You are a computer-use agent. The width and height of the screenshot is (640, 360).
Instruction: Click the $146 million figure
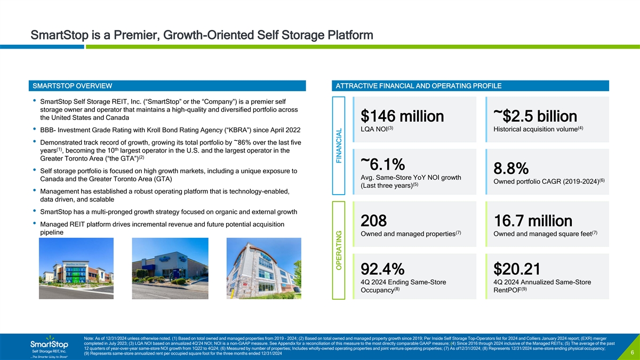(x=402, y=116)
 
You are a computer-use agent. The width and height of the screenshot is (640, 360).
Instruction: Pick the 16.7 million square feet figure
(x=533, y=236)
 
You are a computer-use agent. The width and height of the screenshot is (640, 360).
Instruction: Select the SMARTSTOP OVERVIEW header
(x=73, y=86)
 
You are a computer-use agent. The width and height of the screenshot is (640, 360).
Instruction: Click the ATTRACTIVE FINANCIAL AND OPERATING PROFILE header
(x=417, y=86)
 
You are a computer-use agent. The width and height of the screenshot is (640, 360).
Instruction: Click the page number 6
(x=631, y=353)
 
